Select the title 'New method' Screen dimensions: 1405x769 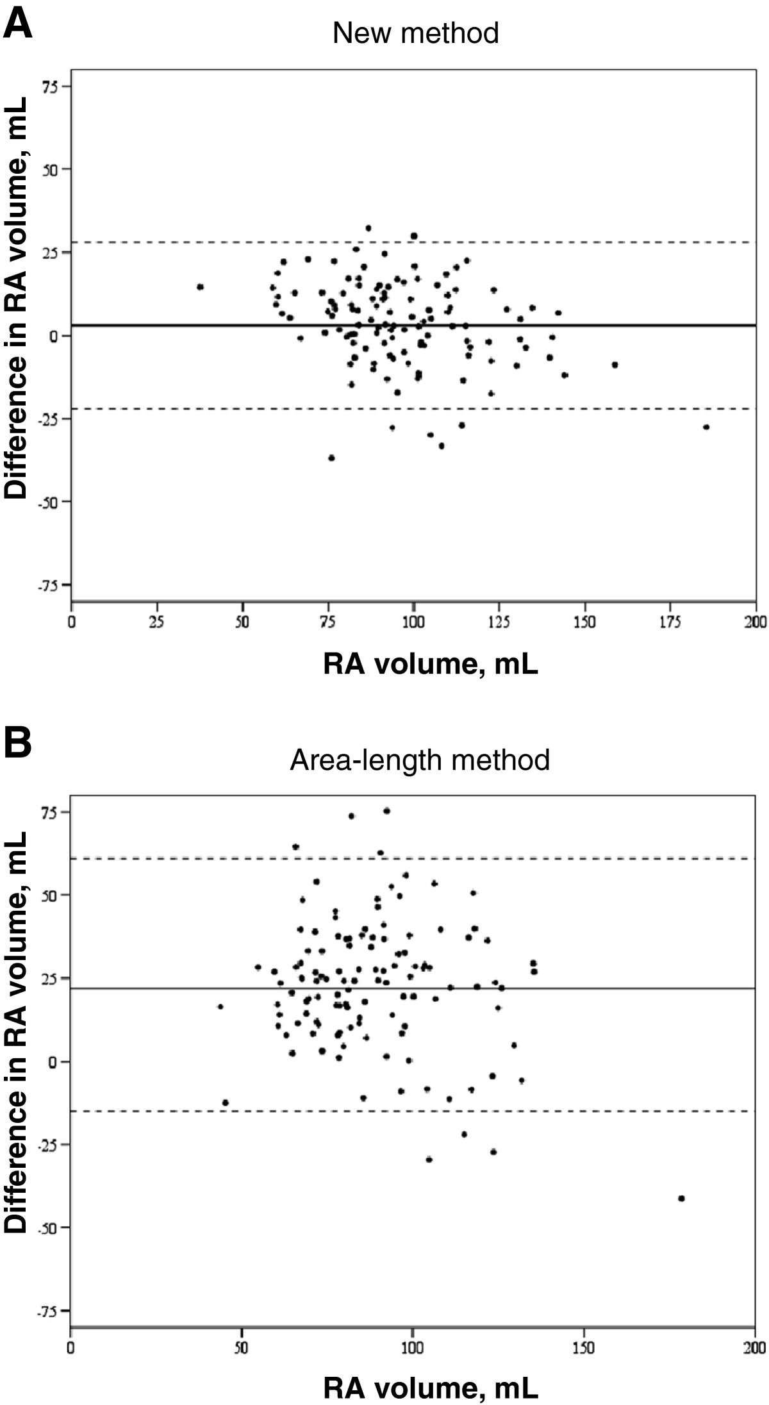tap(415, 33)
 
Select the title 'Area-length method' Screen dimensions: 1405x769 tap(420, 760)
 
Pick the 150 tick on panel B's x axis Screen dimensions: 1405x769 tap(584, 1348)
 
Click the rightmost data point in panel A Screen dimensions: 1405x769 tap(706, 427)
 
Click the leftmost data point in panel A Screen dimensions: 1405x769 tap(200, 287)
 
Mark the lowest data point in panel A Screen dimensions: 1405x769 tap(331, 458)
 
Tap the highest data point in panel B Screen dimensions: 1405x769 tap(386, 811)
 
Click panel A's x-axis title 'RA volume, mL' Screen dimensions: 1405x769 tap(431, 665)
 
